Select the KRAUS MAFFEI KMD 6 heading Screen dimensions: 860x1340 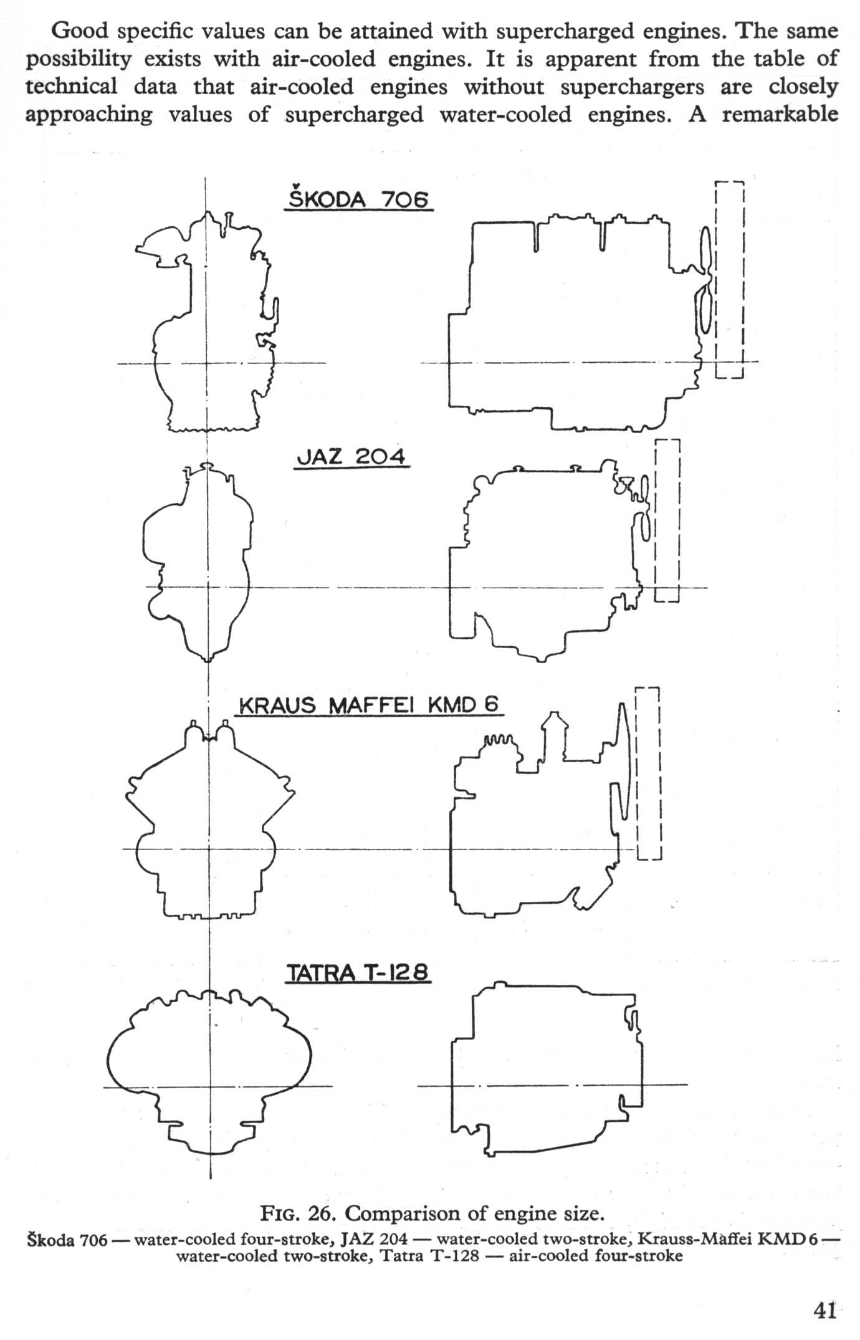pyautogui.click(x=370, y=704)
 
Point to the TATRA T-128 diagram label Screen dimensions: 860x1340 pyautogui.click(x=358, y=972)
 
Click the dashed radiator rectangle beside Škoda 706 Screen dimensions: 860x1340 pyautogui.click(x=730, y=279)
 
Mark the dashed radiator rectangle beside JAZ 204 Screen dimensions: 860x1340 pyautogui.click(x=667, y=520)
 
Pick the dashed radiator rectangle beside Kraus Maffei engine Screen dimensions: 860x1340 pyautogui.click(x=647, y=773)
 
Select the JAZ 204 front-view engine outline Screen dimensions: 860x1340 pyautogui.click(x=197, y=561)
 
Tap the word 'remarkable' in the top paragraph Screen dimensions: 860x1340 pyautogui.click(x=780, y=114)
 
